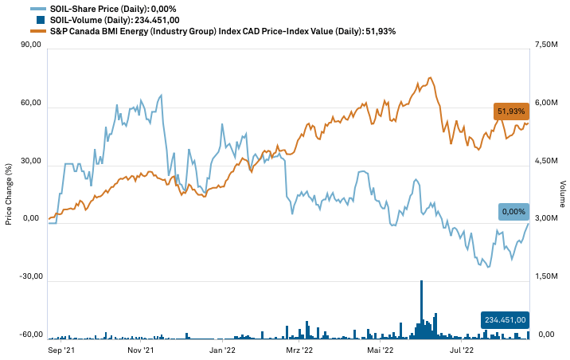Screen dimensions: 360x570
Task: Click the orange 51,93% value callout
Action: [510, 111]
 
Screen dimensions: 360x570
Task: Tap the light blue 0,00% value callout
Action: [513, 211]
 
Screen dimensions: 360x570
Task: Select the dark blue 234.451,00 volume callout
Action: [505, 319]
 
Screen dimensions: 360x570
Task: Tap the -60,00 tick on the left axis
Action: [29, 335]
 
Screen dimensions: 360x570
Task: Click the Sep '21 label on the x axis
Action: [61, 349]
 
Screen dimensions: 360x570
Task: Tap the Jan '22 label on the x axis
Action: [221, 349]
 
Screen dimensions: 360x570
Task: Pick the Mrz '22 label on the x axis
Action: [299, 349]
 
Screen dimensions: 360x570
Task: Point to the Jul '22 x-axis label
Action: [462, 349]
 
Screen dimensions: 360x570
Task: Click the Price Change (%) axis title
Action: [9, 190]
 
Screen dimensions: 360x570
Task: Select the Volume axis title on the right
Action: [562, 190]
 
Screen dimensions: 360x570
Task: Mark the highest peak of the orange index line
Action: [430, 77]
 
